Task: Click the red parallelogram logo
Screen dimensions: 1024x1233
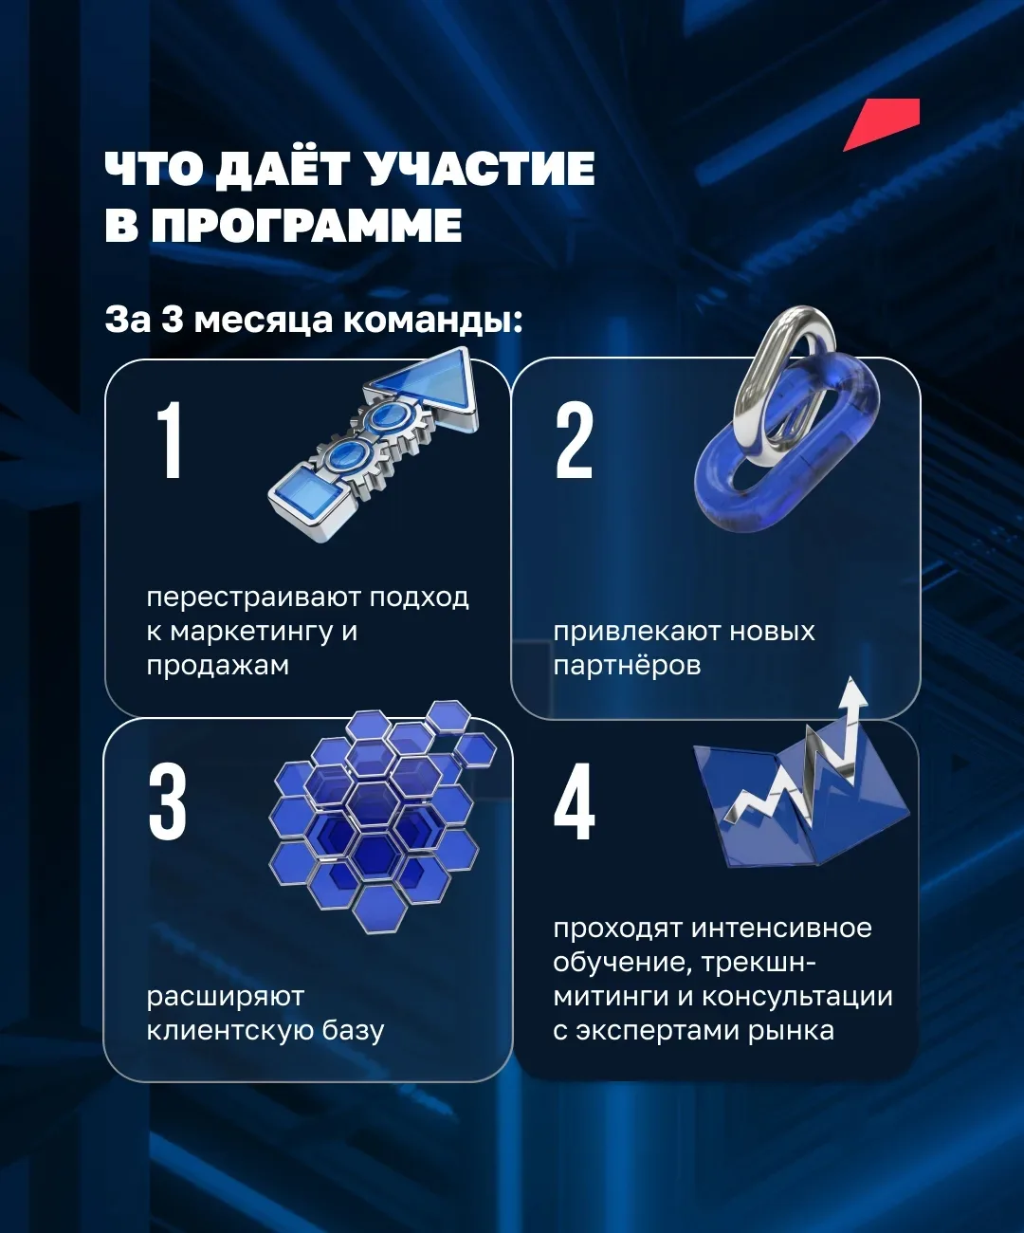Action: pos(882,124)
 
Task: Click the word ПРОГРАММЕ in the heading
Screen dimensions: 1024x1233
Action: pos(306,225)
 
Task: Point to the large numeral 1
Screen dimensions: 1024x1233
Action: pos(170,439)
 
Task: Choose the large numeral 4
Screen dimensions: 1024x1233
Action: pos(575,801)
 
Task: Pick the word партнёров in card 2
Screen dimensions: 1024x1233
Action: pos(627,666)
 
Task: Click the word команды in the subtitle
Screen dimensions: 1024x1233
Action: pos(432,322)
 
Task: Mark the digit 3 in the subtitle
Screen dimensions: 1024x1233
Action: pos(173,320)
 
